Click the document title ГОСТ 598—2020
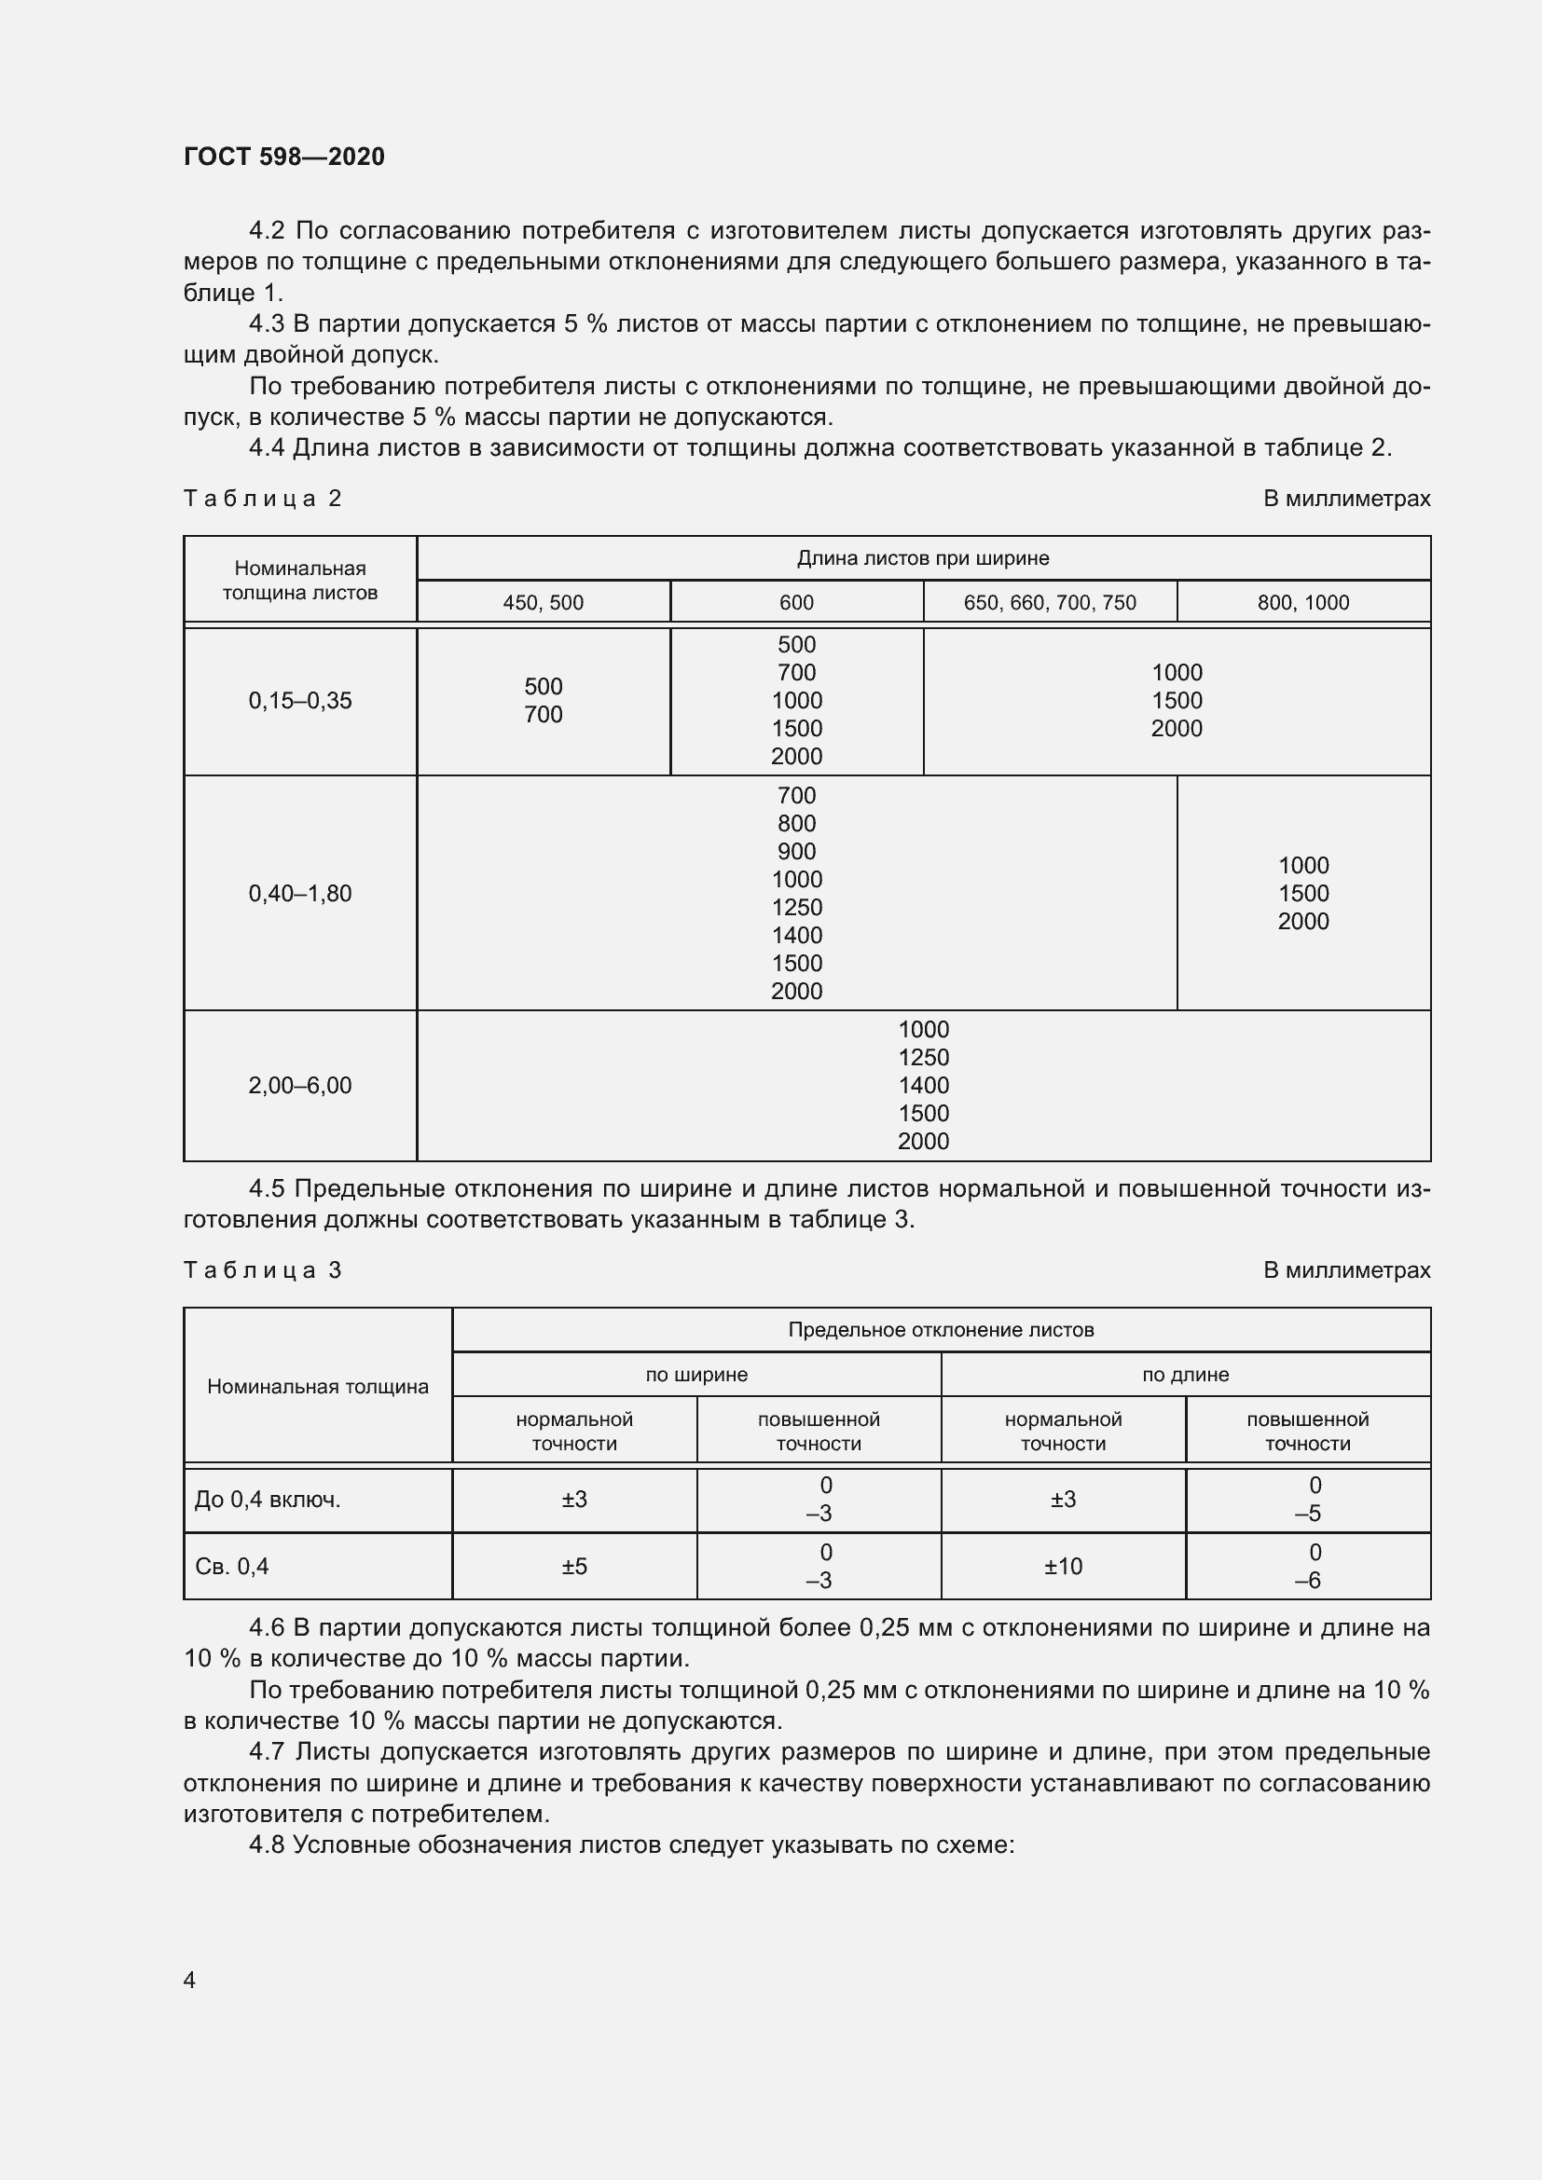click(x=284, y=157)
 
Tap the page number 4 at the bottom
click(x=189, y=1980)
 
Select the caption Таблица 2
click(x=262, y=499)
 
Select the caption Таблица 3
click(x=262, y=1270)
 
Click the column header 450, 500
click(x=544, y=603)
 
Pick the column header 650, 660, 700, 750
click(x=1049, y=603)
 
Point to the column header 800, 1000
click(x=1302, y=603)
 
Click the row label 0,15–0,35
click(x=300, y=701)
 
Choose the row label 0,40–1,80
click(x=300, y=894)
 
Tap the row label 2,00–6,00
click(x=300, y=1085)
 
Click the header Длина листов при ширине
click(x=923, y=558)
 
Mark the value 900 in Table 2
click(x=796, y=852)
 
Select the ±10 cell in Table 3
click(x=1063, y=1567)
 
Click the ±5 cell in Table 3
click(x=574, y=1567)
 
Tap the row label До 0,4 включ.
click(x=268, y=1501)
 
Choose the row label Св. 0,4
click(x=232, y=1567)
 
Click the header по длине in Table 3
click(x=1185, y=1375)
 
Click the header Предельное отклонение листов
click(x=941, y=1330)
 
